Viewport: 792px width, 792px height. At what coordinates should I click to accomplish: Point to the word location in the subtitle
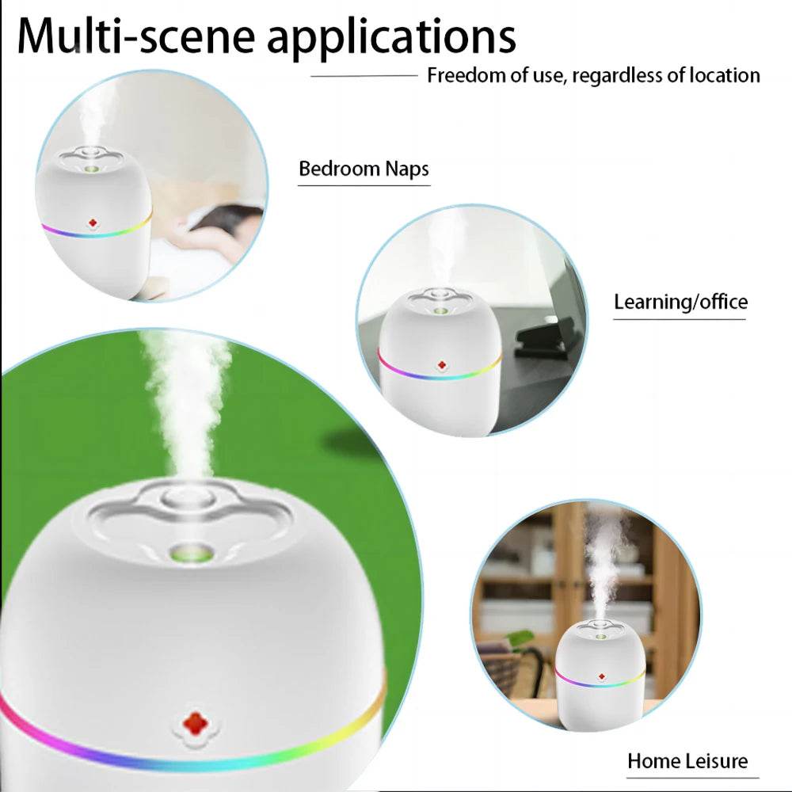click(724, 76)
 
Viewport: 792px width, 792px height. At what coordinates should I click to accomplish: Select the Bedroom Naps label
click(364, 169)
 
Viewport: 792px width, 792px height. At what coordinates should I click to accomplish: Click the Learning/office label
click(680, 302)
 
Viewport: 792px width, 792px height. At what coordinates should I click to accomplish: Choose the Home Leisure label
click(687, 761)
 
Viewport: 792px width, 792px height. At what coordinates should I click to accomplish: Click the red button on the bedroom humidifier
click(93, 224)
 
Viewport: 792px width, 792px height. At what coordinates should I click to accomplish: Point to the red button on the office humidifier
click(441, 365)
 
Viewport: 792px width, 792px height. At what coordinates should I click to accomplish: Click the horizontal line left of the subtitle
click(364, 76)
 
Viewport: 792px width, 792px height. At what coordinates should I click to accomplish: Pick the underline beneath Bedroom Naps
click(364, 185)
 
